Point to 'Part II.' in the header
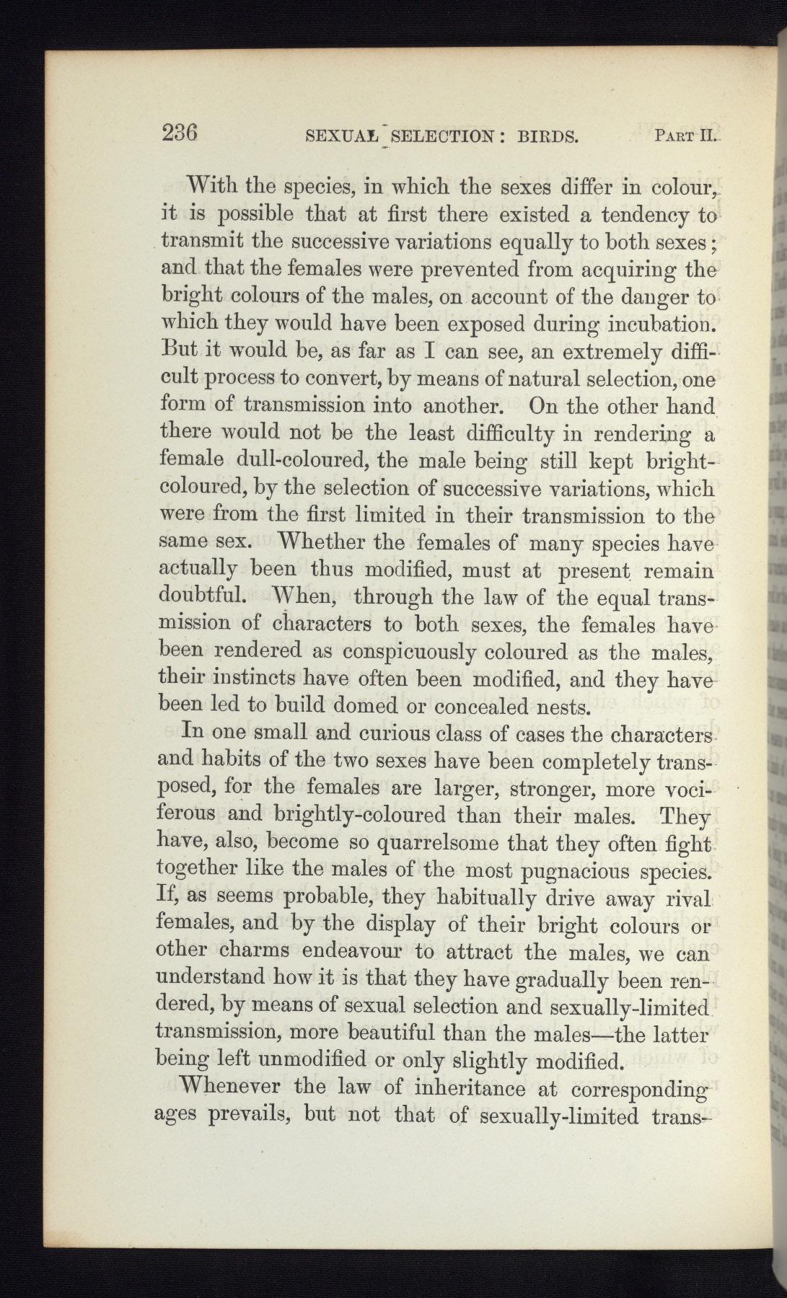click(x=682, y=134)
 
